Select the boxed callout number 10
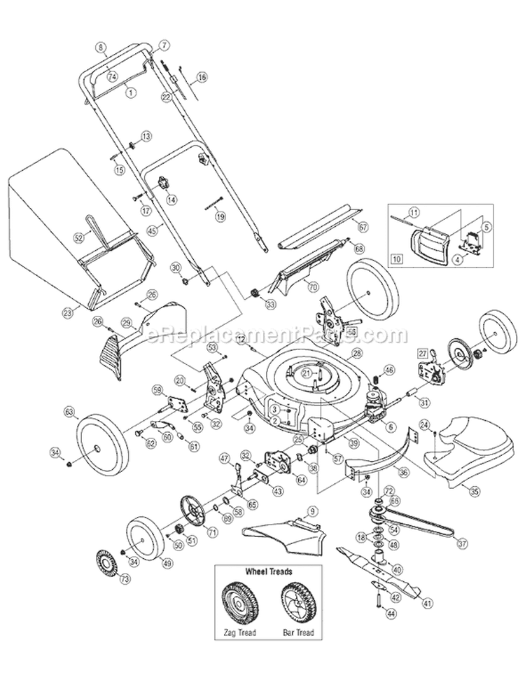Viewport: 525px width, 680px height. tap(398, 258)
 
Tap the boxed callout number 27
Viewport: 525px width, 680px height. tap(422, 353)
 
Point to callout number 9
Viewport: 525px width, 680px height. tap(312, 510)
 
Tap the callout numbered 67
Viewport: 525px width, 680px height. tap(363, 228)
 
